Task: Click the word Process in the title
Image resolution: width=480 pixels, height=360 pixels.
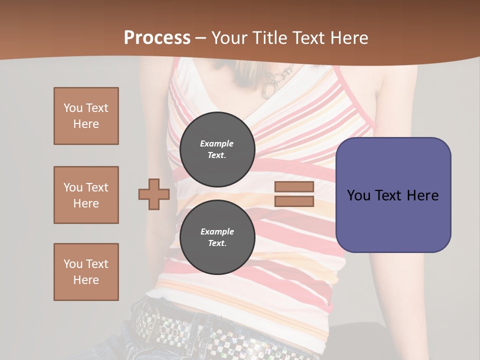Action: point(157,37)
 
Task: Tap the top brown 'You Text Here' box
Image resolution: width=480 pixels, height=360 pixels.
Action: point(86,116)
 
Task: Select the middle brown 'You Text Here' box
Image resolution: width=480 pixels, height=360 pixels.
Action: point(86,195)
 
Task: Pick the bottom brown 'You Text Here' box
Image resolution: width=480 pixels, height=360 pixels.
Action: point(86,272)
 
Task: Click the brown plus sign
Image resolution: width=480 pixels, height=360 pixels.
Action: point(154,194)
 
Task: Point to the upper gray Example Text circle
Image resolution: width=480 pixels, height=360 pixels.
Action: point(217,149)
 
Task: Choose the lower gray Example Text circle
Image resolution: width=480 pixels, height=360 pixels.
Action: point(217,237)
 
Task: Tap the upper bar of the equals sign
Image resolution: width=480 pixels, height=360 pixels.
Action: point(294,186)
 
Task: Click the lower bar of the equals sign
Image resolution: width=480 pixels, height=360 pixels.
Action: point(294,201)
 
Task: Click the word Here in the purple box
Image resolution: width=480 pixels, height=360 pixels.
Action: point(422,195)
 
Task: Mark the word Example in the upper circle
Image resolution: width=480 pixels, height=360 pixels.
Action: point(217,143)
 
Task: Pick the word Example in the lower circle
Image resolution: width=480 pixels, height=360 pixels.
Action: point(217,231)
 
